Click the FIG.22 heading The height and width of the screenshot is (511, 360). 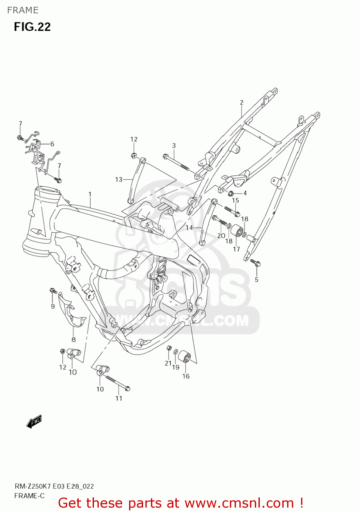coord(32,27)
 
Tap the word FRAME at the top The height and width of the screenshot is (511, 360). coord(23,10)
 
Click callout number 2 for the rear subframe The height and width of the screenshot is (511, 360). coord(241,102)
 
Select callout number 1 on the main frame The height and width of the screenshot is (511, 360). coord(90,194)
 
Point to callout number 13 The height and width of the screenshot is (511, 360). coord(119,179)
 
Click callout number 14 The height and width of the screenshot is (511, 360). coord(189,228)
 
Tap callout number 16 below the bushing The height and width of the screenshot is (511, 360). coord(186,376)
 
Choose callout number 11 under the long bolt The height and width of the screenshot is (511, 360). coord(119,398)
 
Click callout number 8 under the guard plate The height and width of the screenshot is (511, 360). coord(74,339)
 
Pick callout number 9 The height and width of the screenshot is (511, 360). coord(53,306)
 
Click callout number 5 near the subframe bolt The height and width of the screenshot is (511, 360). coord(256,280)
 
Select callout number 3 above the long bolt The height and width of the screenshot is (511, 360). coord(174,145)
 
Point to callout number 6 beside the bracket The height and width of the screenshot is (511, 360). coord(52,144)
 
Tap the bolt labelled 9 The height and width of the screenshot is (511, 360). coord(53,291)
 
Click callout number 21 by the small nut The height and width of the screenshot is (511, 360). coord(168,363)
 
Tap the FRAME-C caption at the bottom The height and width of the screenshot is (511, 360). coord(29,496)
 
